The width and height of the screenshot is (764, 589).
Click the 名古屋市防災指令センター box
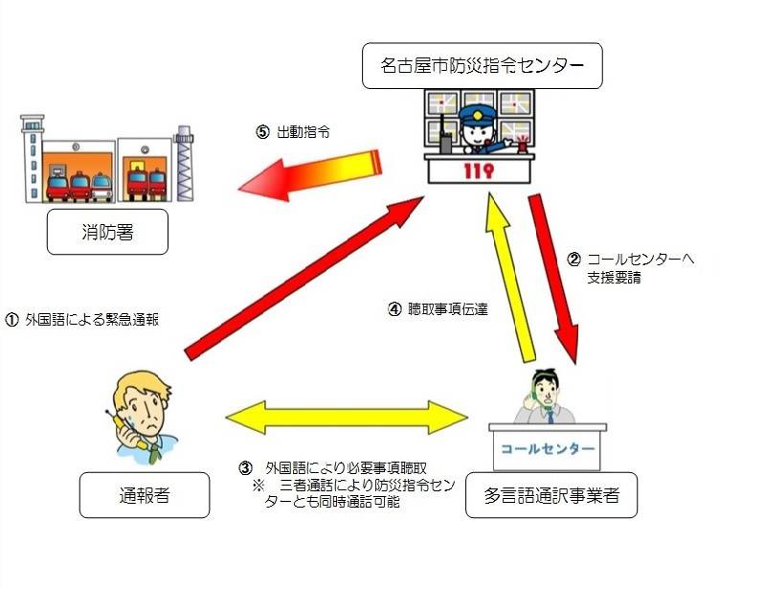click(x=483, y=65)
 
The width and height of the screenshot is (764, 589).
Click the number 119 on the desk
click(x=480, y=172)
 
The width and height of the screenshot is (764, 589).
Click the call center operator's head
click(x=547, y=389)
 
